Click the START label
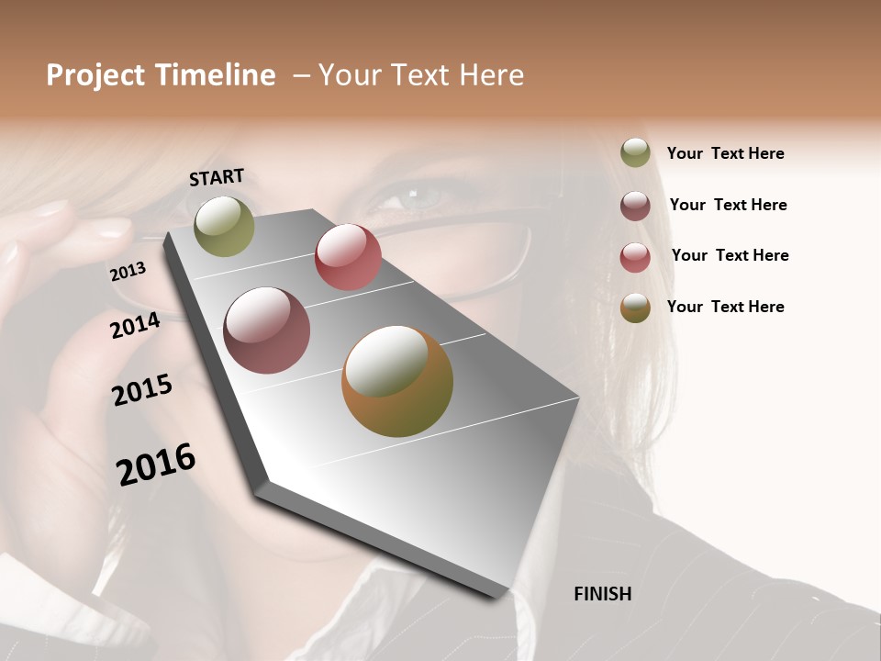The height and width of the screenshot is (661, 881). pos(217,177)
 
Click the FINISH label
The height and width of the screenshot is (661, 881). pos(602,594)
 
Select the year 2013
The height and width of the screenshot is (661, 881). pos(128,271)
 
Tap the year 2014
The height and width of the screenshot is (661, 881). pos(135,325)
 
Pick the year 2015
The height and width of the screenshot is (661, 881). pos(142,389)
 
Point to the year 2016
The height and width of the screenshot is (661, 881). pos(156,464)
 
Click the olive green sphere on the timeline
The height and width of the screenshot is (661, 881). pos(225,226)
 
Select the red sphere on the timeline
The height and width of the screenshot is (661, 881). pos(348,257)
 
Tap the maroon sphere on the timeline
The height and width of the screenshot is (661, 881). pos(266,330)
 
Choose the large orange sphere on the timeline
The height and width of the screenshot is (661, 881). pos(397,381)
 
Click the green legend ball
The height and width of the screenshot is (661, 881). pos(635,152)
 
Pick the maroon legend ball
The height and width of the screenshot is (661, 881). pos(635,206)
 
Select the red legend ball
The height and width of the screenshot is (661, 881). pos(635,257)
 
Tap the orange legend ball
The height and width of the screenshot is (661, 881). pos(635,308)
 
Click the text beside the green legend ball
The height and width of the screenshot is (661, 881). pos(725,154)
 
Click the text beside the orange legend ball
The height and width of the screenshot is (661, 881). pos(725,307)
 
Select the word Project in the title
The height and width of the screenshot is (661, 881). pos(95,76)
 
